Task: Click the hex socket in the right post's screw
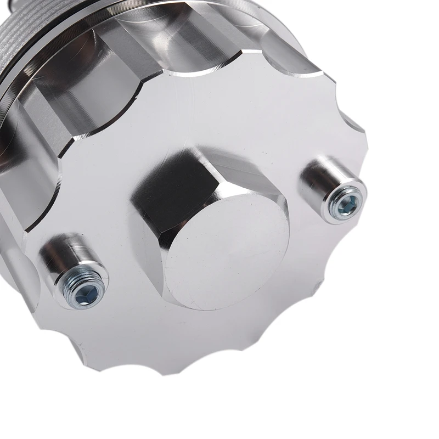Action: [346, 205]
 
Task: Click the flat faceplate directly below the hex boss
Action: [219, 329]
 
